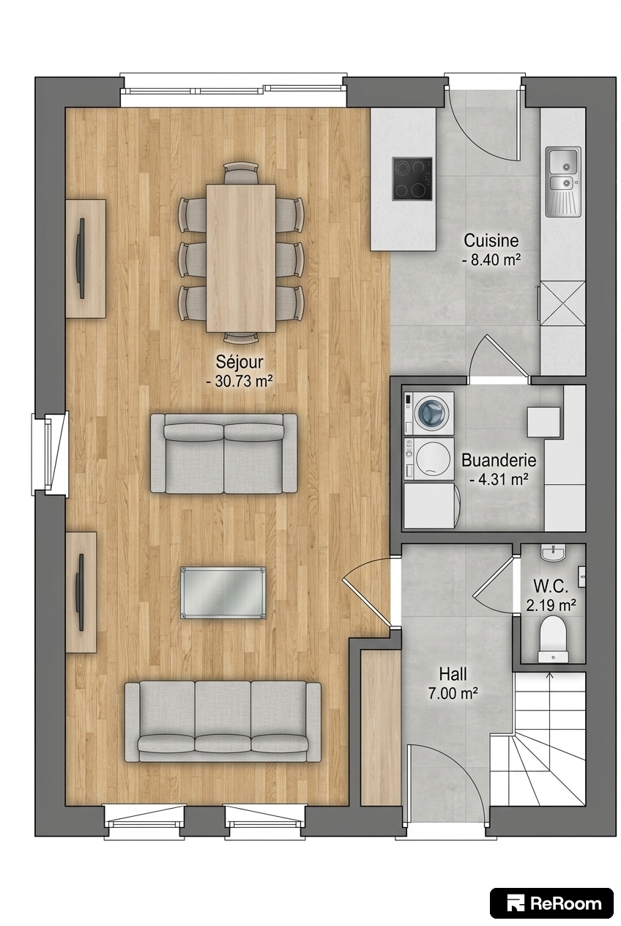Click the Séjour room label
click(x=239, y=362)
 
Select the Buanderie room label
click(x=499, y=460)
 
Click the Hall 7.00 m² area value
click(x=453, y=693)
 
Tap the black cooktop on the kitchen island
click(x=412, y=179)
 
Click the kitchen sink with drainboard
click(x=563, y=182)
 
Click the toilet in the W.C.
click(x=553, y=639)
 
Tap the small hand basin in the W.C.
click(x=553, y=553)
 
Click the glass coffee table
click(x=223, y=593)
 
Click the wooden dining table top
click(x=241, y=258)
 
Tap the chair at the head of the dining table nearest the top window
click(x=241, y=173)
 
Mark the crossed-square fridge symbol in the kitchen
click(x=562, y=303)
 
